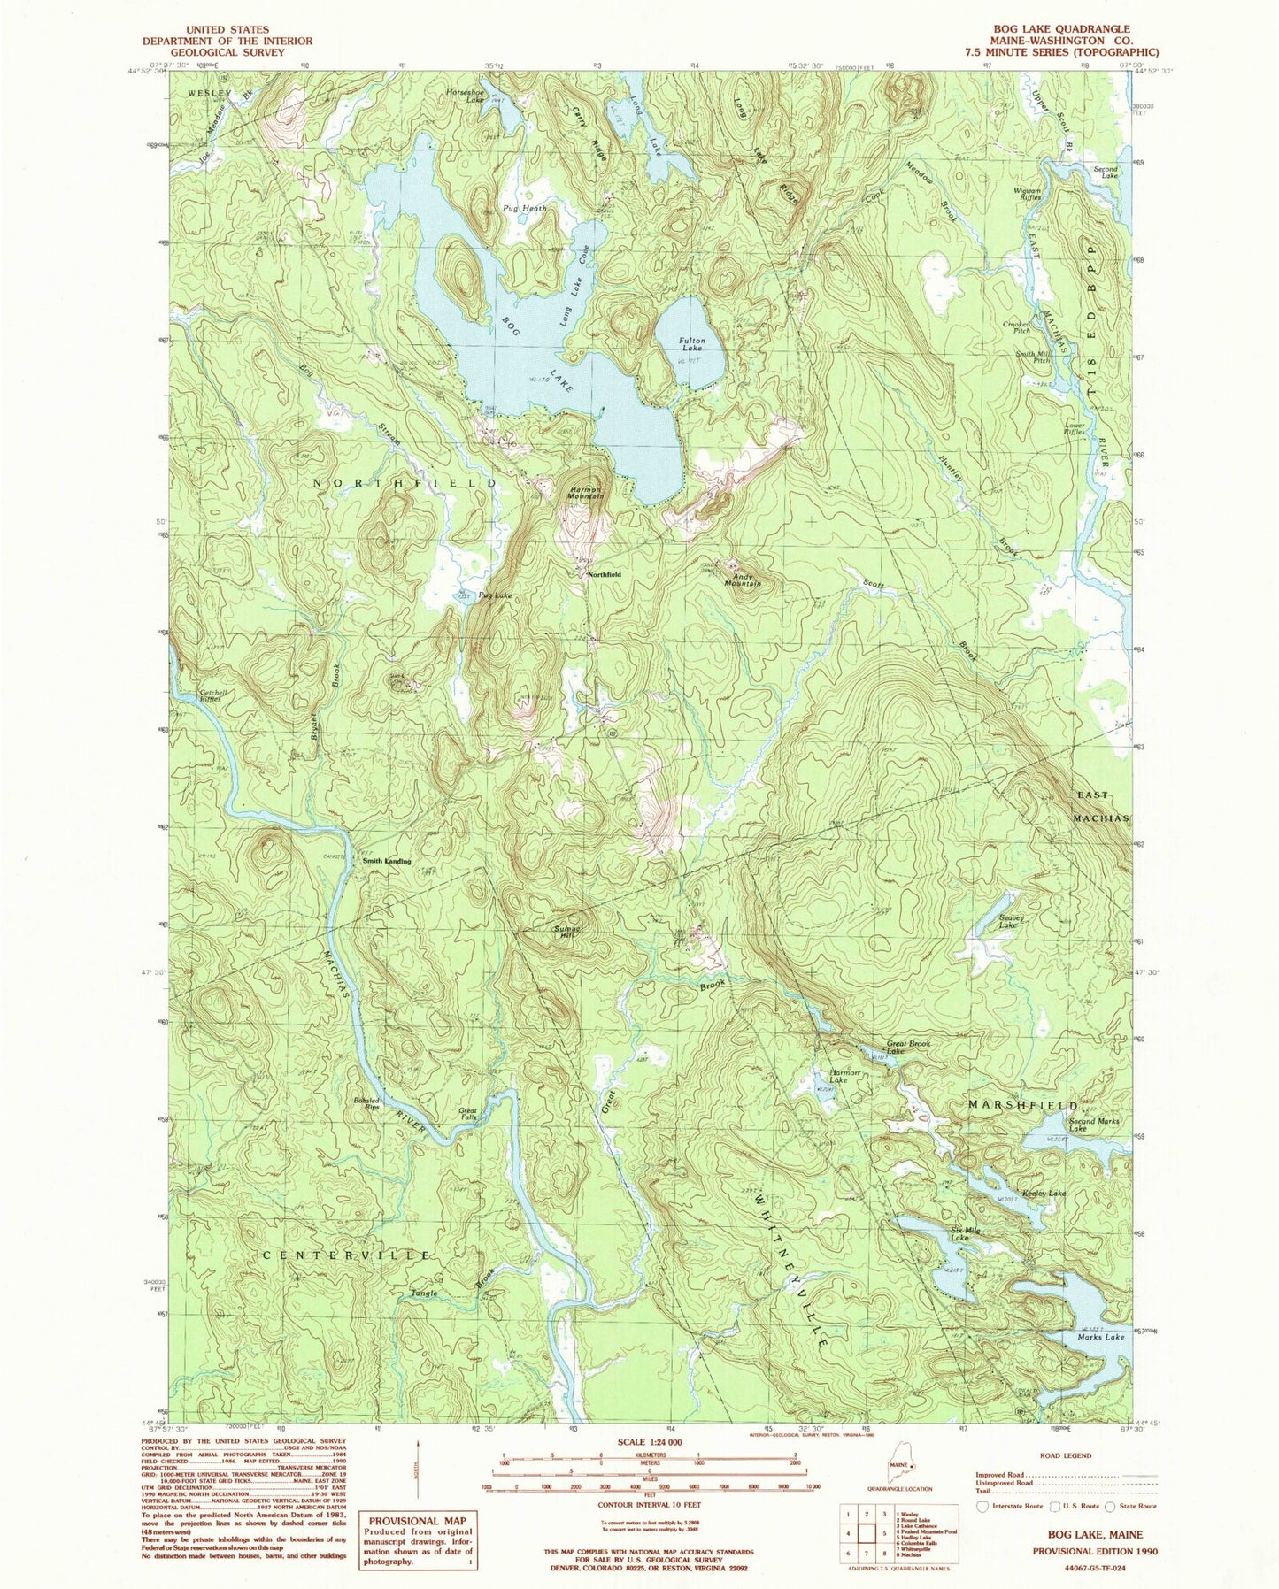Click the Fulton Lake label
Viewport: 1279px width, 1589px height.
point(692,345)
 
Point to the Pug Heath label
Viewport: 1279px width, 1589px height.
point(525,209)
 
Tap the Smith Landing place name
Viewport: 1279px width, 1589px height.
point(387,860)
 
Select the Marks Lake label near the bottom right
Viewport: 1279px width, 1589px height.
point(1101,1337)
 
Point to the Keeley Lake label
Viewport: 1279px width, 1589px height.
point(1044,1194)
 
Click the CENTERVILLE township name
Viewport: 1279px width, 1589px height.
point(347,1255)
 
